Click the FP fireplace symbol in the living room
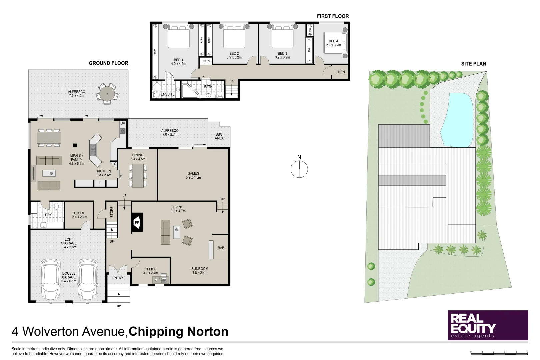click(x=137, y=222)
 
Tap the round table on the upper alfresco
click(x=107, y=94)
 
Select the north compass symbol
click(x=299, y=169)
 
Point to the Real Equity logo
click(x=488, y=325)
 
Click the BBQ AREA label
click(x=219, y=136)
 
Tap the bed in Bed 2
click(x=234, y=37)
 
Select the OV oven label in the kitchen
click(x=123, y=123)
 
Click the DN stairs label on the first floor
click(x=231, y=81)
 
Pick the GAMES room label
click(x=193, y=173)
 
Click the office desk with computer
click(x=161, y=279)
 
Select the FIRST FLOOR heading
click(x=333, y=16)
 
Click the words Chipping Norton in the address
click(x=178, y=332)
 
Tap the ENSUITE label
click(x=168, y=94)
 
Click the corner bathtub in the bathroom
click(x=189, y=90)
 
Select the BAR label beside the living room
click(x=221, y=248)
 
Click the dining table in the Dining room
click(x=138, y=175)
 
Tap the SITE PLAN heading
click(x=473, y=64)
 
